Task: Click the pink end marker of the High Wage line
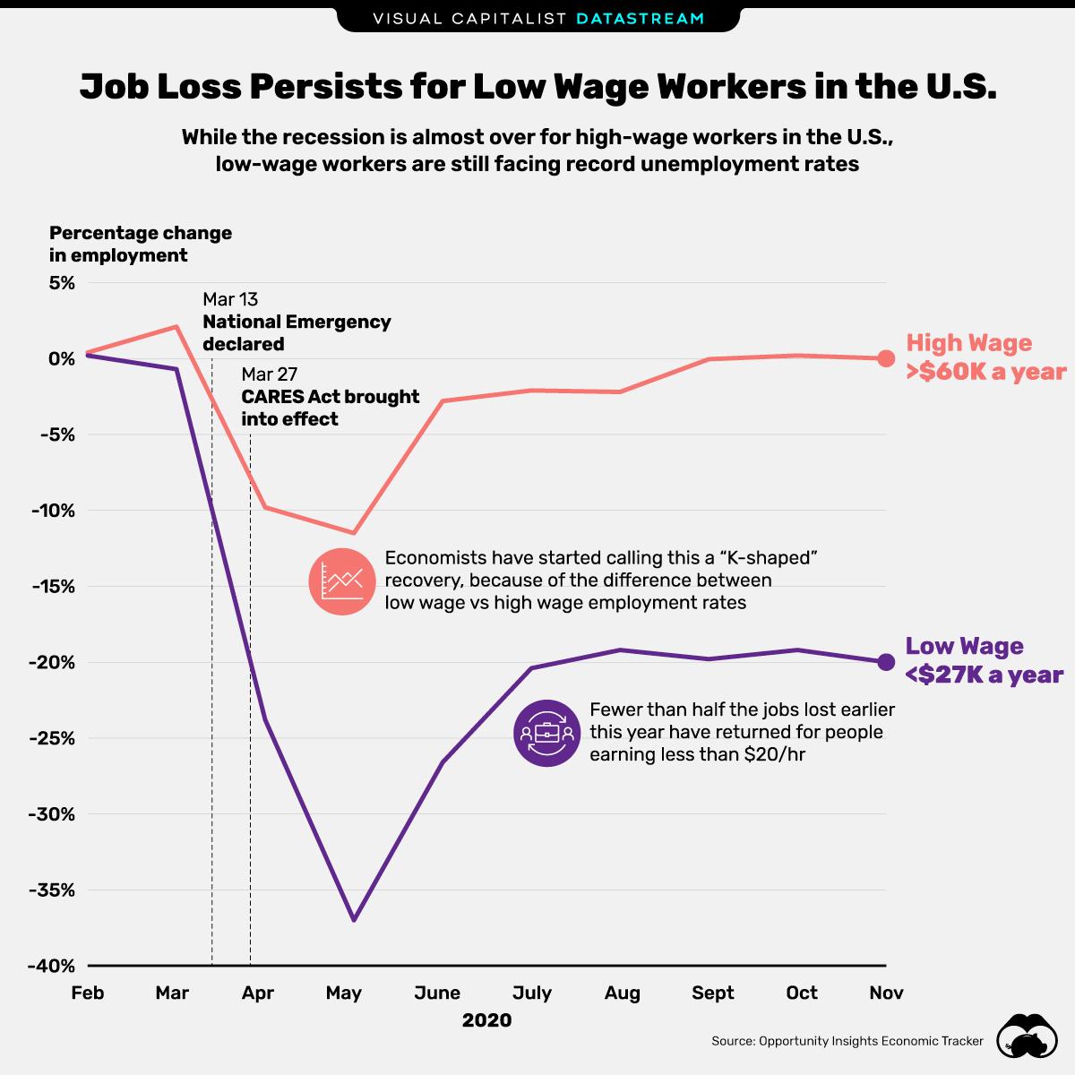coord(885,358)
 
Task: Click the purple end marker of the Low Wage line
coord(885,662)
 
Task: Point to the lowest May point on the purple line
coord(355,920)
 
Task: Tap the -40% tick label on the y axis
coord(55,967)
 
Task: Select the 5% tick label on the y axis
coord(62,282)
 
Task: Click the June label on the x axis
coord(437,993)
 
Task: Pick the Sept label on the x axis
coord(712,993)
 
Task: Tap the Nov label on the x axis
coord(886,993)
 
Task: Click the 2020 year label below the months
coord(486,1020)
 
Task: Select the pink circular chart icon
coord(343,581)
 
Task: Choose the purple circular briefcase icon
coord(546,733)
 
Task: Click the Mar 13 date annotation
coord(230,299)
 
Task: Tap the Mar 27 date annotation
coord(269,374)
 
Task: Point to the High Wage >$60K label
coord(985,357)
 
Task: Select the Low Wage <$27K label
coord(984,660)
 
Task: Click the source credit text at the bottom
coord(847,1041)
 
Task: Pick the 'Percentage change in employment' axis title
coord(141,244)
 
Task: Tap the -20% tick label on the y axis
coord(55,663)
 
